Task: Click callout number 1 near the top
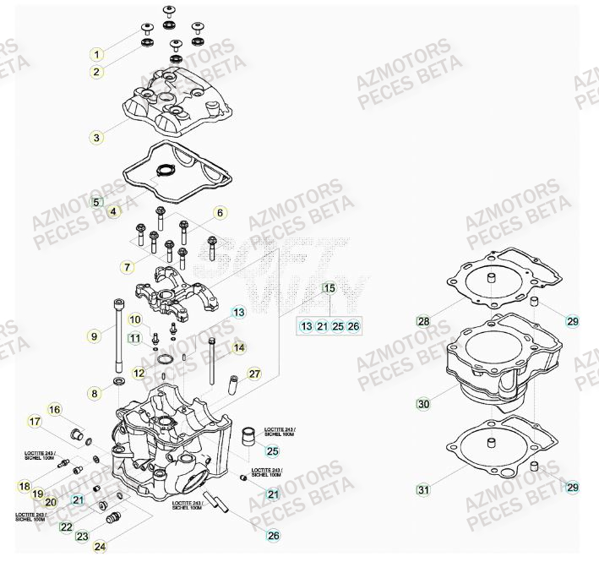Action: tap(97, 55)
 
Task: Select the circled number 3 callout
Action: tap(97, 136)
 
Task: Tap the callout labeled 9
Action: tap(95, 336)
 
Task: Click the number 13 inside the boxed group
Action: tap(306, 325)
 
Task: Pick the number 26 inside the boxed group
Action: tap(353, 325)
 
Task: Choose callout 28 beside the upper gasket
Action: tap(423, 321)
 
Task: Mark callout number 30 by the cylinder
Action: tap(423, 404)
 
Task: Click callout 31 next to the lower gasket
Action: tap(423, 489)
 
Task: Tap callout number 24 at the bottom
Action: tap(100, 547)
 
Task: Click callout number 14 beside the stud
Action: tap(239, 347)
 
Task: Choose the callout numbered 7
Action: tap(127, 267)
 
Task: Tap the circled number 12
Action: tap(138, 372)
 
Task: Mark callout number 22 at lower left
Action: tap(66, 527)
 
